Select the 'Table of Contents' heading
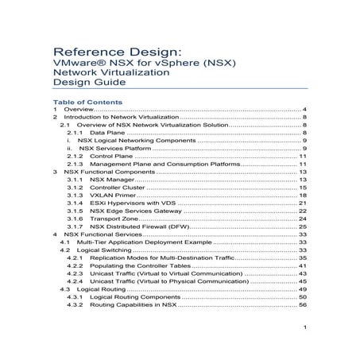pos(87,103)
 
